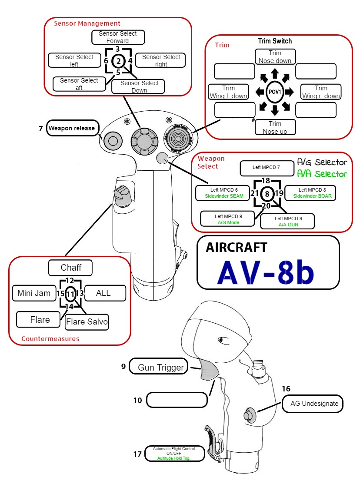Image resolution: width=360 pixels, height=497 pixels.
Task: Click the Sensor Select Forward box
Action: point(118,37)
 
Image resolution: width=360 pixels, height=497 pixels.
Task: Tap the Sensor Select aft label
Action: point(79,84)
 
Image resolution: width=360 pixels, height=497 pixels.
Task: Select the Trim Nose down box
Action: point(275,56)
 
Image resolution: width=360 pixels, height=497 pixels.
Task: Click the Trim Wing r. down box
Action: point(321,92)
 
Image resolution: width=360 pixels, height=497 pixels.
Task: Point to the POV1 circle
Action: point(275,92)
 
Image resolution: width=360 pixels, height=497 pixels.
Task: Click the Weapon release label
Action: point(71,128)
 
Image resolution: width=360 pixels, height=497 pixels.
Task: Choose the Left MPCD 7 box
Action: point(267,167)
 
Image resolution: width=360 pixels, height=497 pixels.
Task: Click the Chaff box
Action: point(70,268)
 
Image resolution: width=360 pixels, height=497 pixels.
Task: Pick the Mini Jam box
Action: point(34,293)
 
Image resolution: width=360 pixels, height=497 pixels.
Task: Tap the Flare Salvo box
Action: point(87,322)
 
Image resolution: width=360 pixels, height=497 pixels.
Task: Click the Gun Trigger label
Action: point(160,368)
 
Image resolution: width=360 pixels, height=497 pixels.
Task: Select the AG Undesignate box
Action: point(317,404)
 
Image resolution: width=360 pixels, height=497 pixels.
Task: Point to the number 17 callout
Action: point(137,454)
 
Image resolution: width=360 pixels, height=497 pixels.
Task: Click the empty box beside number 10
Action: point(177,400)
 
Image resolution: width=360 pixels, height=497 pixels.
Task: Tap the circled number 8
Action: point(267,194)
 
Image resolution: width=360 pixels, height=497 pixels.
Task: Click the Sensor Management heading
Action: point(87,23)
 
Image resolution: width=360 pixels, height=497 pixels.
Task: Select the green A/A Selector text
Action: point(322,174)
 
